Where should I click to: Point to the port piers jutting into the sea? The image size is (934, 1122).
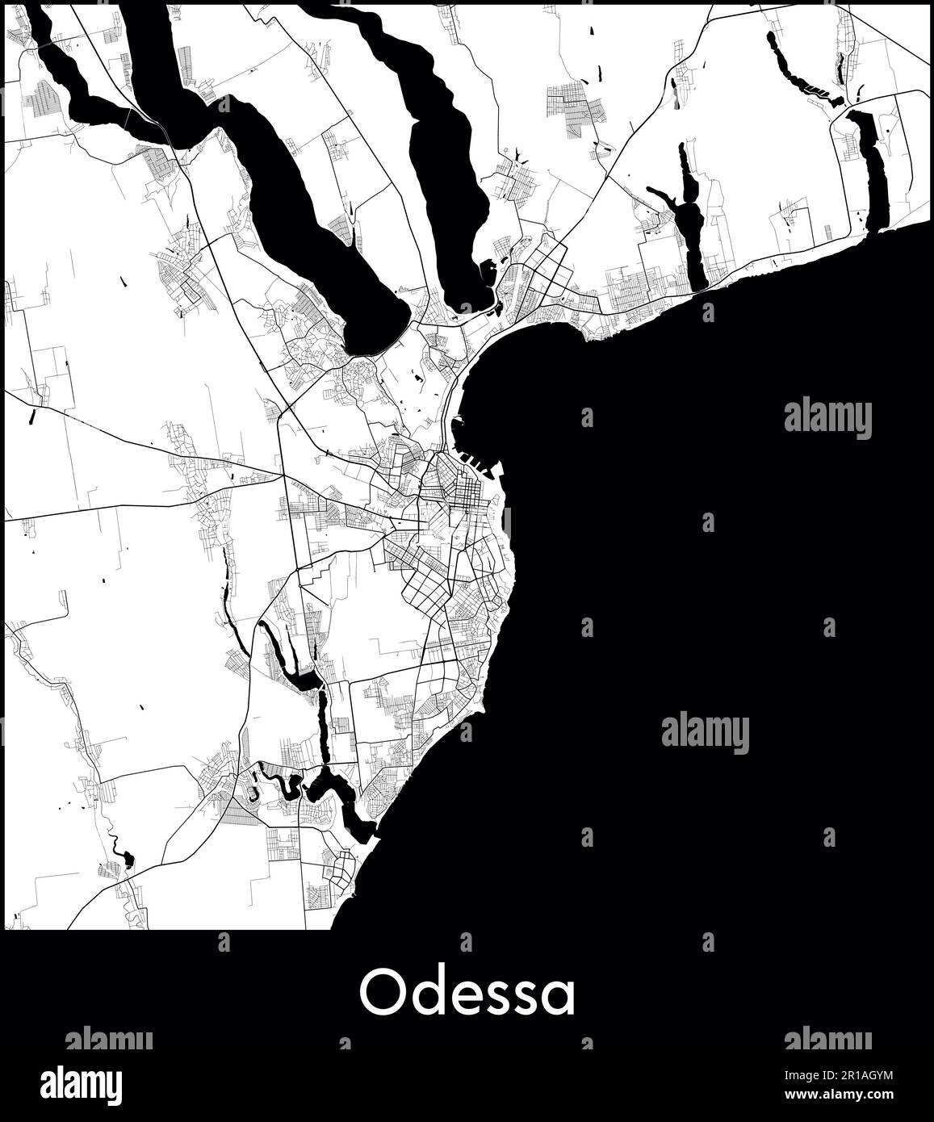tap(480, 463)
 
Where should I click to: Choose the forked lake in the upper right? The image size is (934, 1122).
tap(688, 218)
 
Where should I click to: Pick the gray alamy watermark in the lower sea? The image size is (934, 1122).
tap(705, 733)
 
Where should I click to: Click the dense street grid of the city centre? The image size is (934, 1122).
tap(456, 492)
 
